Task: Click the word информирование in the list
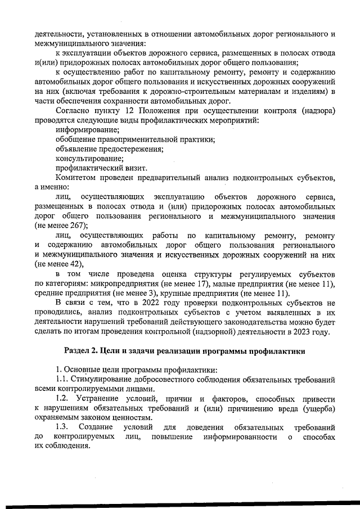click(x=83, y=129)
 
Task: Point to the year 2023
click(x=308, y=332)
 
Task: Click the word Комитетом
click(x=76, y=178)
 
